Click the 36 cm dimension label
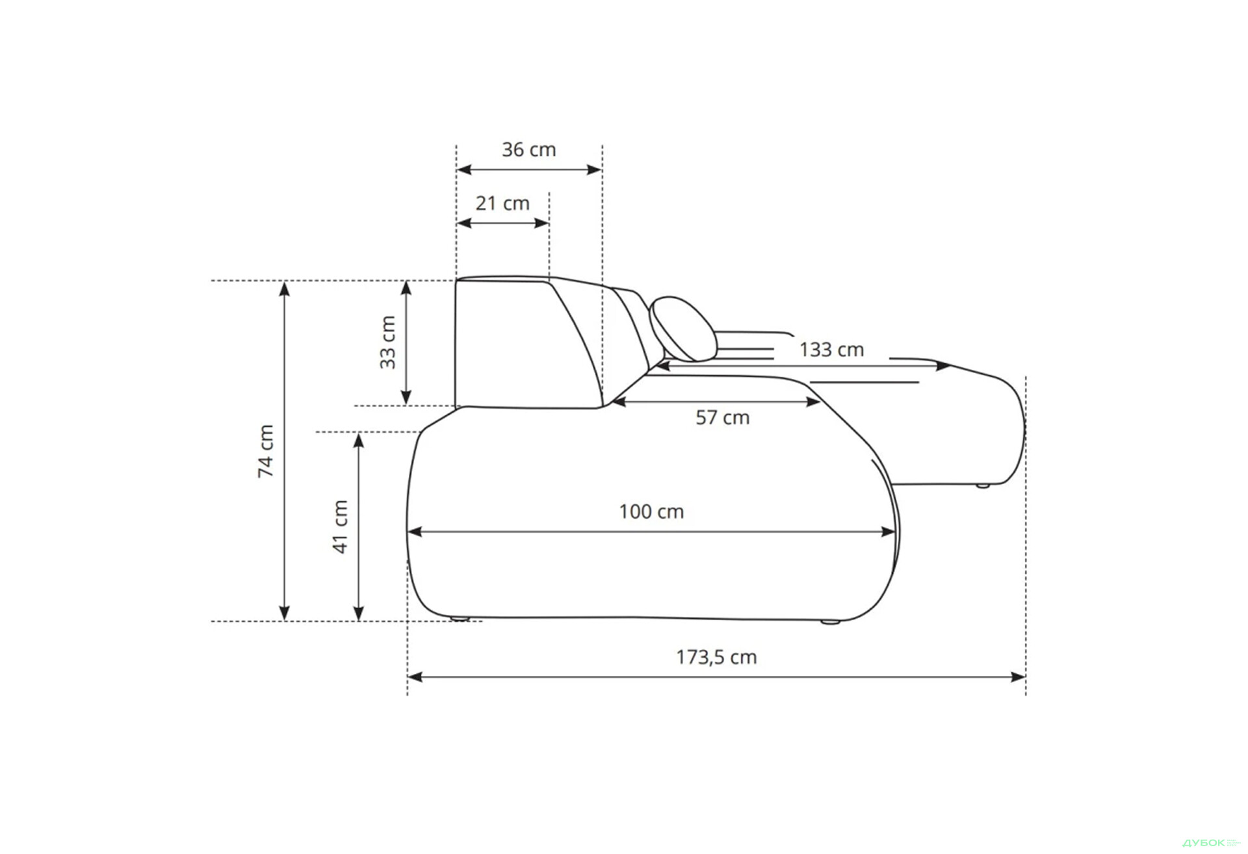click(x=528, y=149)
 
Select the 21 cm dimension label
click(x=502, y=203)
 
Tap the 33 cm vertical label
click(x=387, y=343)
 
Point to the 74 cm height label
click(x=266, y=451)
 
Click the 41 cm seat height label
click(x=341, y=526)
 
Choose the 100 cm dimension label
click(x=651, y=512)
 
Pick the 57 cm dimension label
click(x=722, y=417)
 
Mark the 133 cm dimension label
click(x=831, y=350)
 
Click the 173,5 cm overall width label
click(x=716, y=657)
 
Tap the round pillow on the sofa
click(x=683, y=329)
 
